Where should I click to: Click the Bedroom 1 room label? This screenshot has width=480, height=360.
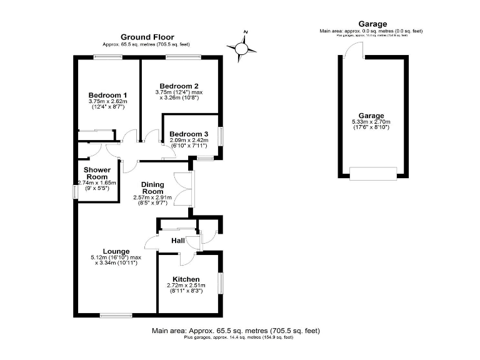click(x=107, y=95)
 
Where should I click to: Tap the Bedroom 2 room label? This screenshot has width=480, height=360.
click(x=179, y=86)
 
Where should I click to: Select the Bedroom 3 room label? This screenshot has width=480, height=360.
click(x=189, y=134)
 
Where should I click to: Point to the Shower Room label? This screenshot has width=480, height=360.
click(x=97, y=173)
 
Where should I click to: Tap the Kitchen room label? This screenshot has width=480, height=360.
click(x=186, y=279)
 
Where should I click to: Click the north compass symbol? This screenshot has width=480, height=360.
click(x=242, y=46)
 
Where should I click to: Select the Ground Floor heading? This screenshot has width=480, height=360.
click(x=147, y=37)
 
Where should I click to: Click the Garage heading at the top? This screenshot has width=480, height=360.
click(x=372, y=24)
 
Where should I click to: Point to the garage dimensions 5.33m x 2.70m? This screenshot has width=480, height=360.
click(x=371, y=122)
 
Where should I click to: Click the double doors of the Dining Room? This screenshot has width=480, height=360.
click(x=186, y=188)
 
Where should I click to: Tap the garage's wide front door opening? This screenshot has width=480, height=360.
click(x=372, y=172)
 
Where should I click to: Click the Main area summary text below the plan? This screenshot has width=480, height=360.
click(x=236, y=331)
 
